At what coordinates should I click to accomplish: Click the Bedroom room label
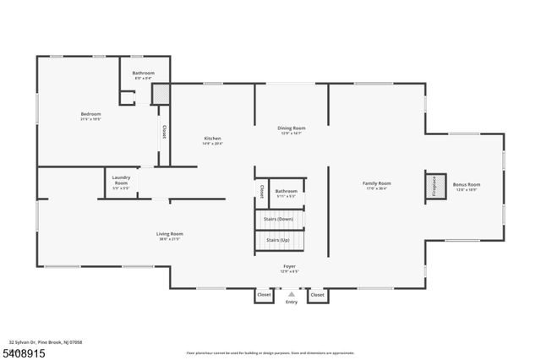pyautogui.click(x=90, y=114)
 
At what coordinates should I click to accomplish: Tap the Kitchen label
pyautogui.click(x=212, y=139)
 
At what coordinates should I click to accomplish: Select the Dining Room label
pyautogui.click(x=291, y=128)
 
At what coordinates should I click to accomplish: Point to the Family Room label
pyautogui.click(x=377, y=183)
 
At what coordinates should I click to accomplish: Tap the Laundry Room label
pyautogui.click(x=121, y=182)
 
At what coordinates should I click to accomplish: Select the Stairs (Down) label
pyautogui.click(x=279, y=219)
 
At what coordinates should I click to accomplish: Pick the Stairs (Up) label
pyautogui.click(x=279, y=241)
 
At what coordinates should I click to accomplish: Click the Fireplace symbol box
pyautogui.click(x=434, y=186)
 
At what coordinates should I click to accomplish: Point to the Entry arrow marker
pyautogui.click(x=292, y=295)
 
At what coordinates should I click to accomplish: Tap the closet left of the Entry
pyautogui.click(x=264, y=295)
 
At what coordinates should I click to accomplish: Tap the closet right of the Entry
pyautogui.click(x=318, y=295)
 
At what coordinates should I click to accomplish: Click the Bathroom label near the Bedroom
pyautogui.click(x=144, y=74)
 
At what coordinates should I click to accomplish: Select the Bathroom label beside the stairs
pyautogui.click(x=287, y=192)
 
